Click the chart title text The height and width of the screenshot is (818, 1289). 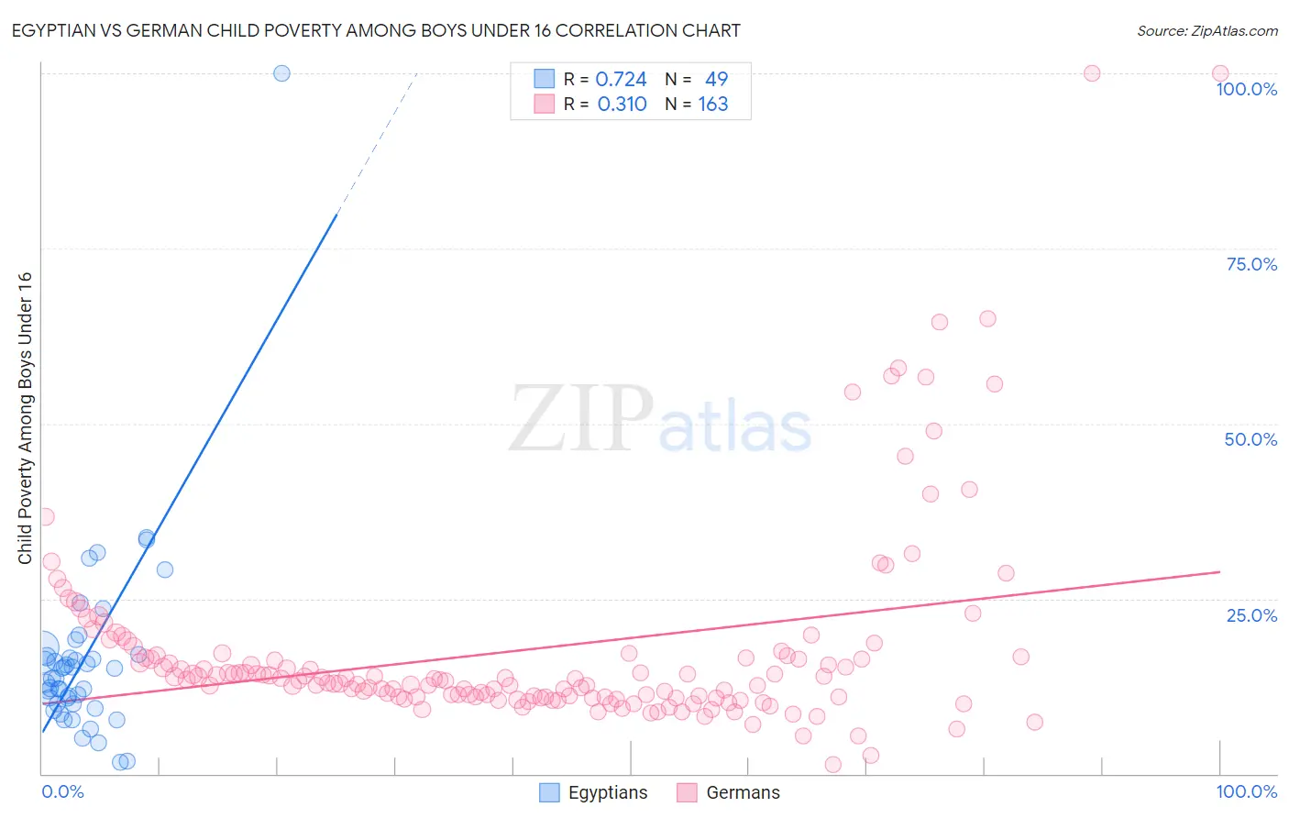pos(376,31)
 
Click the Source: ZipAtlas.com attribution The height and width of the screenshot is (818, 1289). pos(1206,31)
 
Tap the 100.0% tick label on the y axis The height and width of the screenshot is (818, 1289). pos(1246,89)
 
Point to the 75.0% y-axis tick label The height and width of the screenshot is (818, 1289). pos(1251,264)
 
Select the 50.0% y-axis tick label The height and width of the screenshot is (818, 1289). pos(1250,439)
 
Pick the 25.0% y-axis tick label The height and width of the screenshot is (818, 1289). pos(1251,614)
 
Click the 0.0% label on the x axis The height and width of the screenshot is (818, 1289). pos(62,791)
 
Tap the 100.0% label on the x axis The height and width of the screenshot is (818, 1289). pos(1246,791)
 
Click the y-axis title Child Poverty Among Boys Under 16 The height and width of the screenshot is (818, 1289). pos(25,418)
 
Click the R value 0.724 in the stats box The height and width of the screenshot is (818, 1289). pos(621,80)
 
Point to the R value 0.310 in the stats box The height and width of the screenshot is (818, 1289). pos(622,105)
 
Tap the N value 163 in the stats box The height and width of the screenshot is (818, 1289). pos(712,105)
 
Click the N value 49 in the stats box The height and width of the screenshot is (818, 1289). pos(716,80)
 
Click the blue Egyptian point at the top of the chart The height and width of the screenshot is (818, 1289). pos(281,73)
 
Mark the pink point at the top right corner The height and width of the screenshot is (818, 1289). pos(1219,73)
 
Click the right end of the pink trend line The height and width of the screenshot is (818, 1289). pos(1217,571)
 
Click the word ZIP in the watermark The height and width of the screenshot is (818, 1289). pos(581,419)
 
